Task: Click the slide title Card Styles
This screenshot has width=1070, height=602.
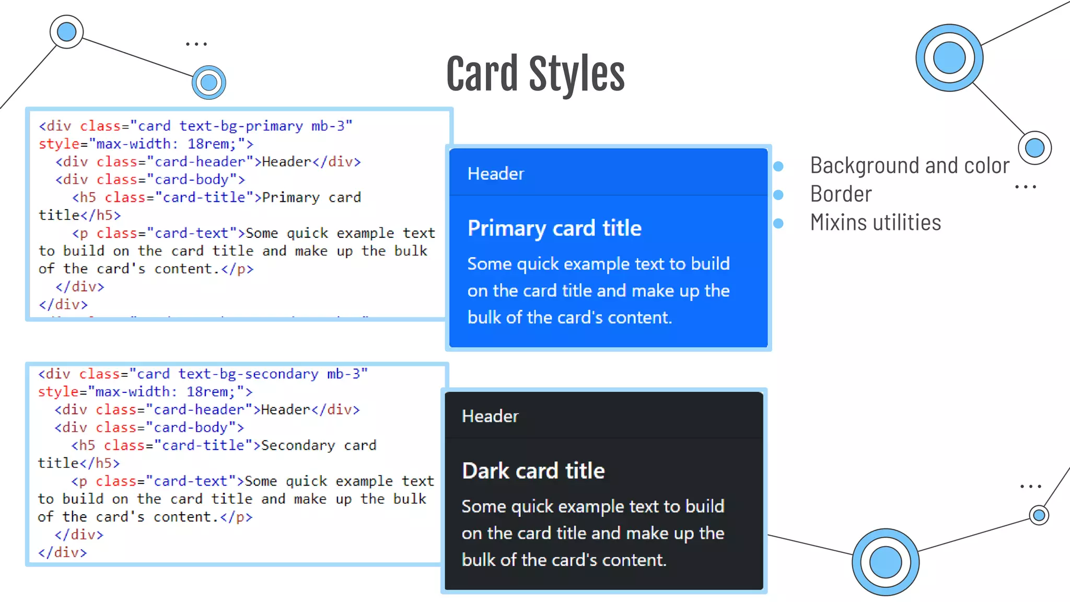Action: tap(535, 74)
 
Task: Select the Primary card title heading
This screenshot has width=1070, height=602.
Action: tap(554, 228)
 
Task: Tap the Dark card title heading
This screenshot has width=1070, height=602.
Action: tap(533, 471)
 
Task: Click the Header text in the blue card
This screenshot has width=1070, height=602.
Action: tap(495, 173)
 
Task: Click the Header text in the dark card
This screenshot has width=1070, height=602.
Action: tap(490, 416)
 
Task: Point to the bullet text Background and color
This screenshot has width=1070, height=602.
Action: tap(909, 166)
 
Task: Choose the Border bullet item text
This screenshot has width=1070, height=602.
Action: tap(841, 194)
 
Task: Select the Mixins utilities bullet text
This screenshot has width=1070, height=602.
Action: tap(875, 223)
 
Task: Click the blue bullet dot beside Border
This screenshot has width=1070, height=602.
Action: tap(778, 195)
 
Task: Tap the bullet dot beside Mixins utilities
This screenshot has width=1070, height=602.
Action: tap(778, 224)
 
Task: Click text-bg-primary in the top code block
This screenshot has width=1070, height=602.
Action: tap(241, 126)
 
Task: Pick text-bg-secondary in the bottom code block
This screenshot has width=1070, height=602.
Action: tap(248, 374)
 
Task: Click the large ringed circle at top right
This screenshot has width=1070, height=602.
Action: tap(949, 57)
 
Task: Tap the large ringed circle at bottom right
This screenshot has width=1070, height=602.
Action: tap(885, 562)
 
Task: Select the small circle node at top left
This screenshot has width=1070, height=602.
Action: tap(66, 32)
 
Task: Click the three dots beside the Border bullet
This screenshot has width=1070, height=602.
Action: tap(1025, 187)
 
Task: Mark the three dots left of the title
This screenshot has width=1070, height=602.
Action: tap(196, 44)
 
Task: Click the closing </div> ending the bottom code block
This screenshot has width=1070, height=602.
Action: tap(62, 552)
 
